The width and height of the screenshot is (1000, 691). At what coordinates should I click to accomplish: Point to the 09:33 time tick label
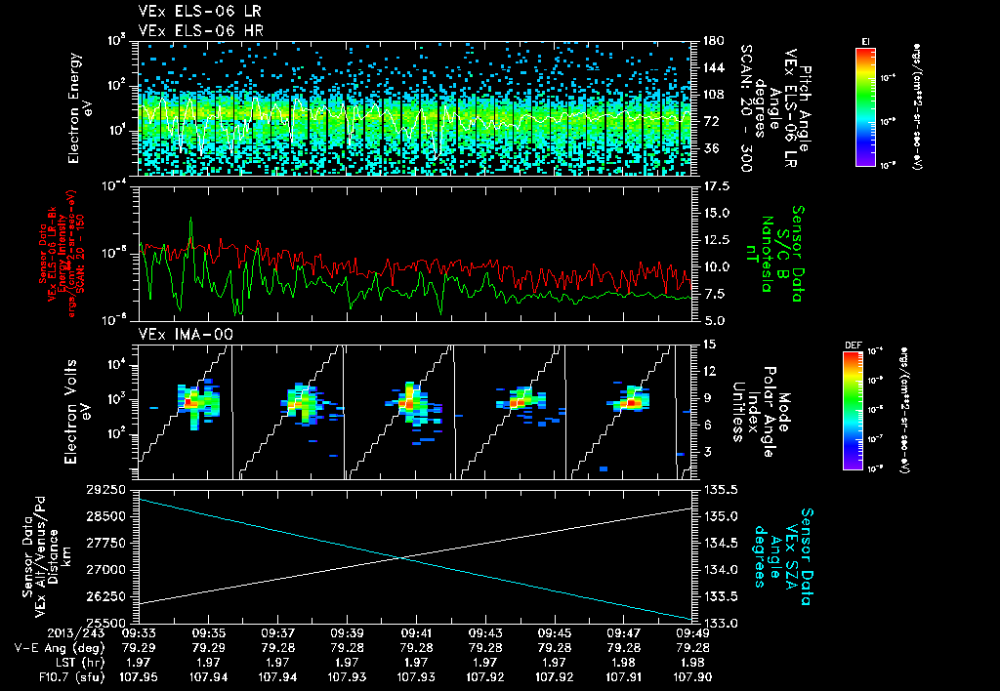(x=141, y=631)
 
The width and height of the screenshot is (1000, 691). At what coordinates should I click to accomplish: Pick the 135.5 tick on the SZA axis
(x=714, y=488)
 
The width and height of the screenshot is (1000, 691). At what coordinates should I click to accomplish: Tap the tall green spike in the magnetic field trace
(x=190, y=223)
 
